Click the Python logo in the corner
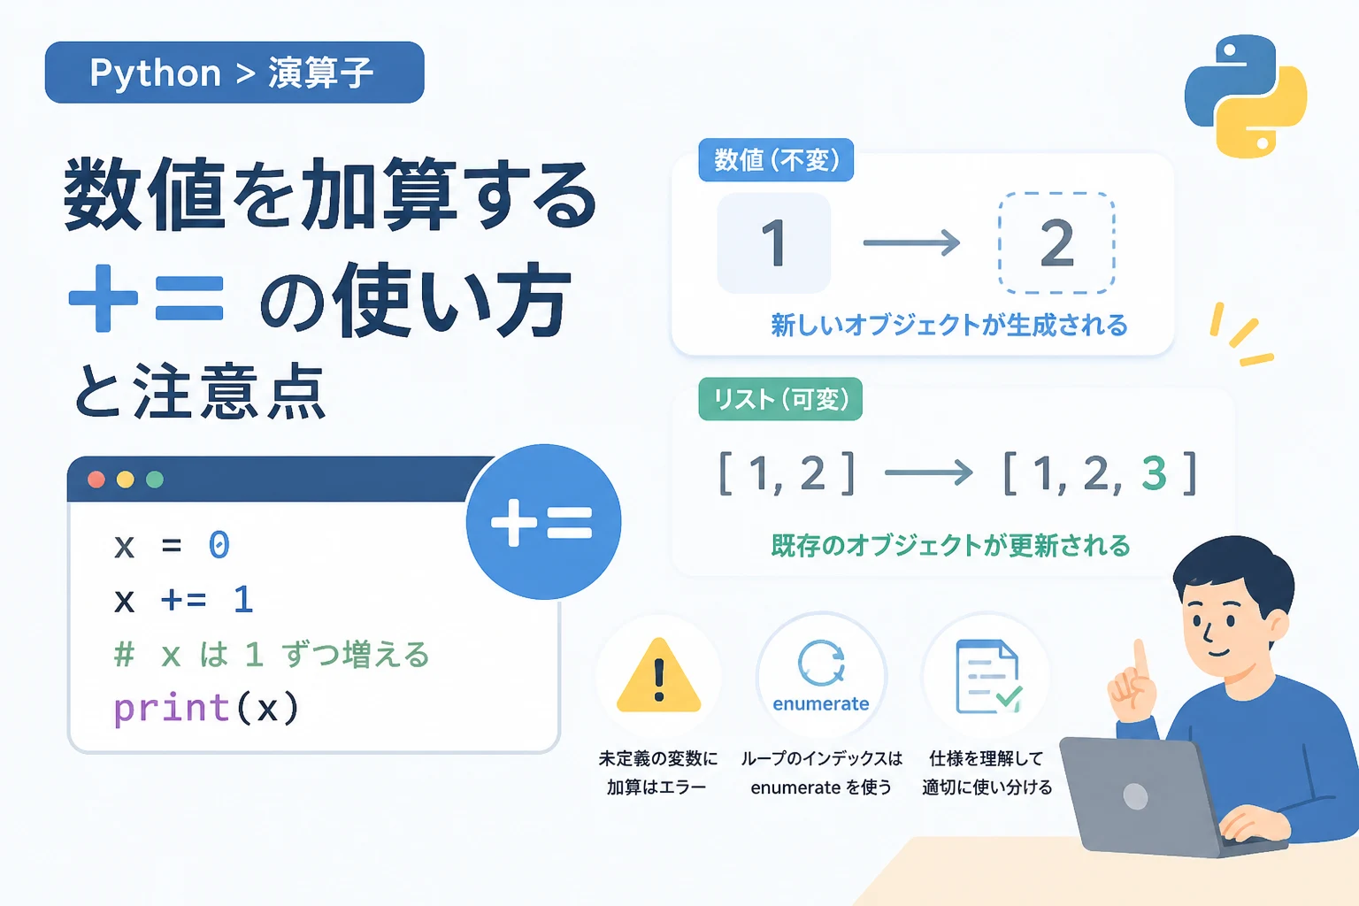1246,96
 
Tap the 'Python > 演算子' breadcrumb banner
234,73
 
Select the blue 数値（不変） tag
776,160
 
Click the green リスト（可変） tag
780,399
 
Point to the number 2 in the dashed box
1057,242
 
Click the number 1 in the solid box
774,242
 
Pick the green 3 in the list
1154,472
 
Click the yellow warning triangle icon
659,675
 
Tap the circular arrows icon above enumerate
821,663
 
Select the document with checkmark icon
988,676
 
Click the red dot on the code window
96,480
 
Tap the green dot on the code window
155,480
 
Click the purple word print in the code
171,708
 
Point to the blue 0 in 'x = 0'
219,544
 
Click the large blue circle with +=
543,522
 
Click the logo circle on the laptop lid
1135,796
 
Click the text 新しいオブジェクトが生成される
948,326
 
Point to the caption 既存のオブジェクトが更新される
950,545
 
